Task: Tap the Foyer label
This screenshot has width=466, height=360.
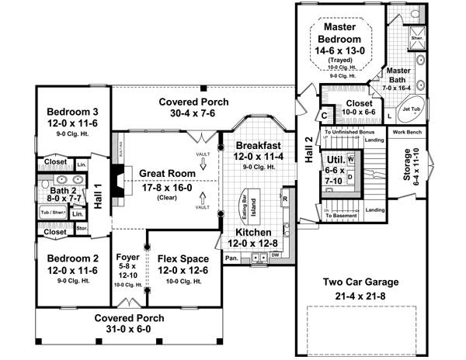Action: [x=127, y=257]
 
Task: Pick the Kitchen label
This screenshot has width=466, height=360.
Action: [x=255, y=232]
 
